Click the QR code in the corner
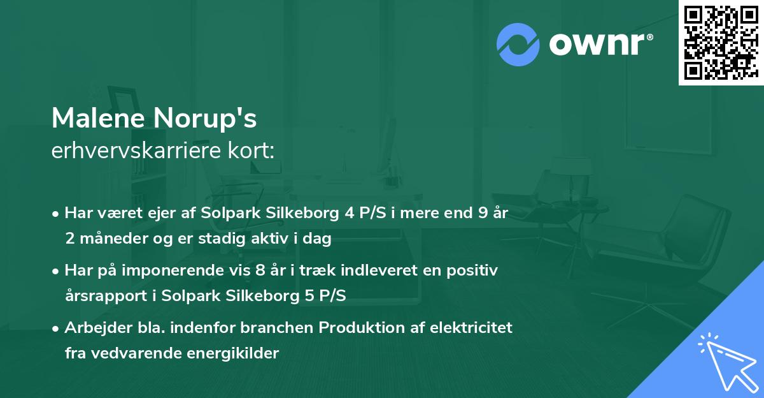coord(721,43)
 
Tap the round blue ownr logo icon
coord(518,44)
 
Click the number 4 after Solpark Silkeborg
coord(349,213)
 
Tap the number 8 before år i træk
coord(259,270)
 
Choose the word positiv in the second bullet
coord(474,270)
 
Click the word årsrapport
coord(103,296)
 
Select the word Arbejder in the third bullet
coord(91,328)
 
